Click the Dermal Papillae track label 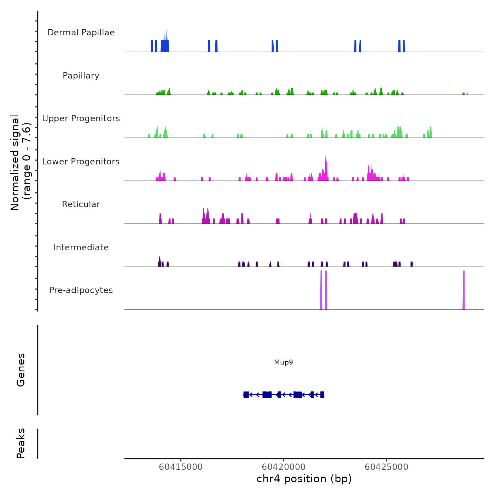81,33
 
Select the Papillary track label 81,76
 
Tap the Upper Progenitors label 81,118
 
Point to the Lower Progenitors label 81,162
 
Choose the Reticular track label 81,204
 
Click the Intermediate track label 81,248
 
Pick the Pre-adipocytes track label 81,290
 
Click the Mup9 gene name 284,362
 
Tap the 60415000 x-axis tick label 181,467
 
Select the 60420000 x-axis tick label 284,467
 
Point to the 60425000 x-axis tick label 386,467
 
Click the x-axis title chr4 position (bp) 304,479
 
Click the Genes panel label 21,370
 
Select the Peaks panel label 21,443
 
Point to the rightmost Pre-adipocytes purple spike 464,290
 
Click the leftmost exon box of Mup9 246,395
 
